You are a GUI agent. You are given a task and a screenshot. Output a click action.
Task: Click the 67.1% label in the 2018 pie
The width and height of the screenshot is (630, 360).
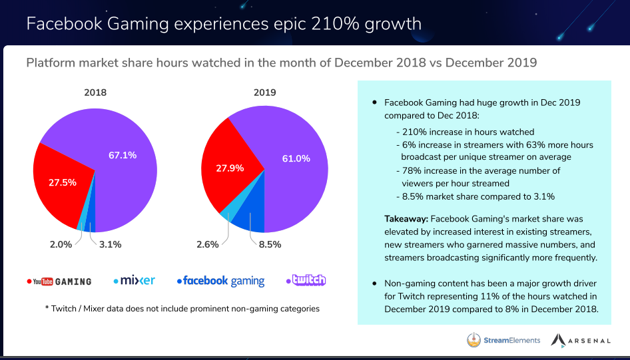123,155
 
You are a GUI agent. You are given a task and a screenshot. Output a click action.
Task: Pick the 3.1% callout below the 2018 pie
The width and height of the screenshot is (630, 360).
109,244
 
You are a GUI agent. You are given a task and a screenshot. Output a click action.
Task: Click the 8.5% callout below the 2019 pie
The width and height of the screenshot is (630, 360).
268,244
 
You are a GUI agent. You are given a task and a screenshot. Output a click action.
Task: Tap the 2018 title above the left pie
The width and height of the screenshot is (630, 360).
95,92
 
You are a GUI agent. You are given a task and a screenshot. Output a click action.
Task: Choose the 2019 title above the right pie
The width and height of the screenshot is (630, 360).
264,92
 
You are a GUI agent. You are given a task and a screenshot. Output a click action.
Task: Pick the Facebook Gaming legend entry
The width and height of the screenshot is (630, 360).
220,281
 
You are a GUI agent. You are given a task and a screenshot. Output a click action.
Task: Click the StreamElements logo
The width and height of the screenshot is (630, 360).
503,340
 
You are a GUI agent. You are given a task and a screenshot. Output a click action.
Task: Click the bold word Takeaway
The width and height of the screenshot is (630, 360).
406,218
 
